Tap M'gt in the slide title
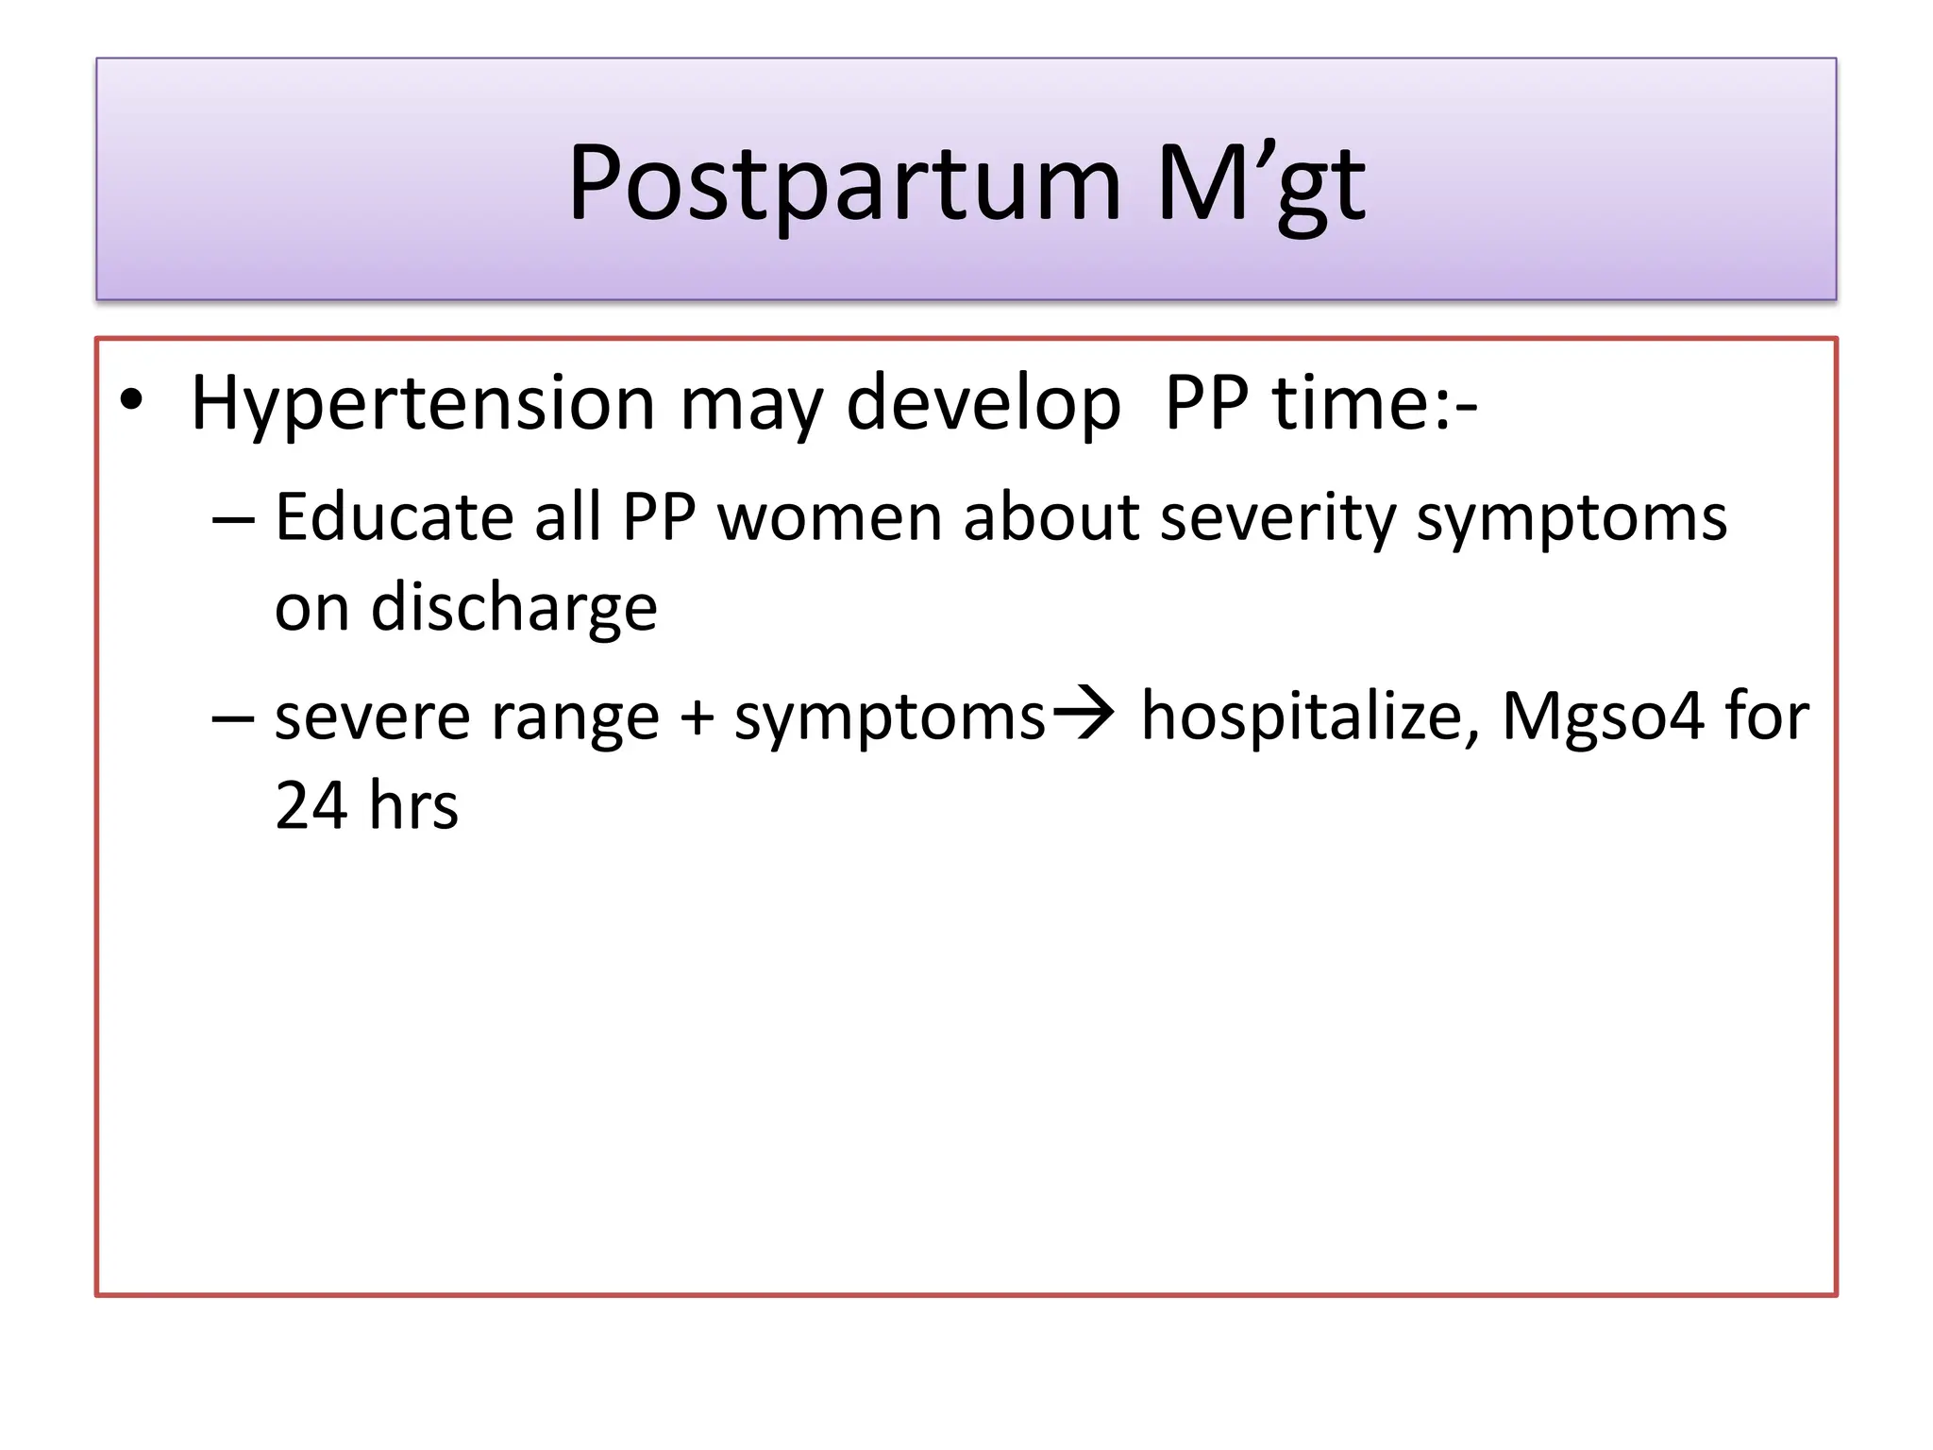click(x=1260, y=184)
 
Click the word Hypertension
click(x=422, y=404)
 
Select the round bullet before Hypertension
click(x=132, y=401)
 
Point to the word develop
click(x=983, y=404)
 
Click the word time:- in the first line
click(x=1374, y=404)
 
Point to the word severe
click(x=372, y=717)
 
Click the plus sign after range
click(x=697, y=717)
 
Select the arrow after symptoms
click(x=1084, y=715)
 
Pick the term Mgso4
click(x=1603, y=717)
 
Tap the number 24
click(x=311, y=806)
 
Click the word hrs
click(x=413, y=806)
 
